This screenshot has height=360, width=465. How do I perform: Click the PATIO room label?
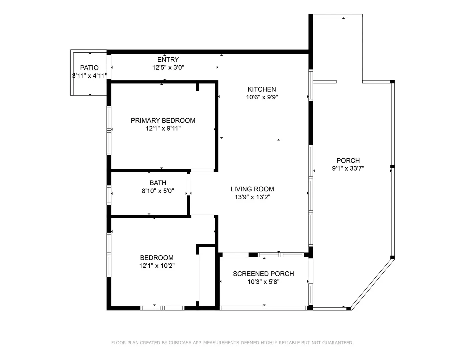[89, 68]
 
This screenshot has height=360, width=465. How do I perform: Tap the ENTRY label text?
[168, 59]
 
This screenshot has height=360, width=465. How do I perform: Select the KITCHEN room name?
[262, 89]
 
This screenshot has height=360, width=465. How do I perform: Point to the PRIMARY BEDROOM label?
[163, 120]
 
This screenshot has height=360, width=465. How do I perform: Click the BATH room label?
[158, 183]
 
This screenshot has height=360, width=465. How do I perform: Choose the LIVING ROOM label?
[252, 189]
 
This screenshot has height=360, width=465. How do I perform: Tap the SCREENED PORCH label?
[264, 274]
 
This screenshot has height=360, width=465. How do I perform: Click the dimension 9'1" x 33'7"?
[348, 168]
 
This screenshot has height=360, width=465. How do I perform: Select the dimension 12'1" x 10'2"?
[157, 266]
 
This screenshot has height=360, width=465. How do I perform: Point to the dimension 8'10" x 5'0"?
[158, 191]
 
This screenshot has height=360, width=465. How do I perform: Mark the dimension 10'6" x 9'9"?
[262, 97]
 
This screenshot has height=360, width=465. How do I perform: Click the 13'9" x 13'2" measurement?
[253, 197]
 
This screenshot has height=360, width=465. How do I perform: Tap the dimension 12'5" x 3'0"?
[168, 68]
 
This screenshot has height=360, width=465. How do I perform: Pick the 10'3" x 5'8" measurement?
[264, 282]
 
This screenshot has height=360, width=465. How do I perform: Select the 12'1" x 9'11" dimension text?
[163, 128]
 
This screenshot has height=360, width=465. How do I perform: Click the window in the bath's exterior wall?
[109, 195]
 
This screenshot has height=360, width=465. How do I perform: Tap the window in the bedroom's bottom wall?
[162, 308]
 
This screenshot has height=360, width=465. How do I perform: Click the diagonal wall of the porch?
[373, 284]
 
